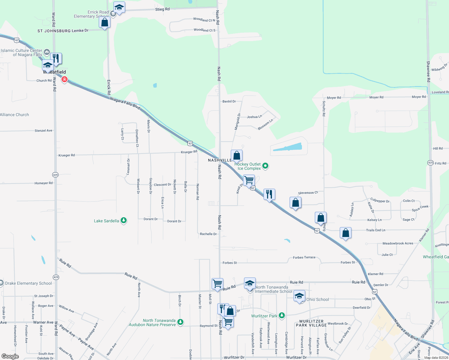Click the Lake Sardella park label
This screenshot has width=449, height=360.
click(106, 221)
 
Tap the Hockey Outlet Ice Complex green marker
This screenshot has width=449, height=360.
click(265, 166)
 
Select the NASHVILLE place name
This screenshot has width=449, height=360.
click(220, 160)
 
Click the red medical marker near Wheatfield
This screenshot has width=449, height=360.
click(64, 79)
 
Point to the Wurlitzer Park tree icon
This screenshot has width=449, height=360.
click(282, 315)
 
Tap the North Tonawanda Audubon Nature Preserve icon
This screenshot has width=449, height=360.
click(180, 322)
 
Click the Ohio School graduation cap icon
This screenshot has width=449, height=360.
click(299, 296)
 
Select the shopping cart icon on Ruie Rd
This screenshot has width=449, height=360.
click(217, 283)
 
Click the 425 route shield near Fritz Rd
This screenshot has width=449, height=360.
click(430, 163)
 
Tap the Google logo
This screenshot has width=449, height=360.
click(10, 356)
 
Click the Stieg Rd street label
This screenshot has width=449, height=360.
click(162, 9)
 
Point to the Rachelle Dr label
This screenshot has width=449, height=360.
click(208, 234)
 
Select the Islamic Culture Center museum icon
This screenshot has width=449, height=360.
click(47, 52)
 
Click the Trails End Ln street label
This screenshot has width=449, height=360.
click(375, 230)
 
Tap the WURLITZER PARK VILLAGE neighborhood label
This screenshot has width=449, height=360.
click(311, 323)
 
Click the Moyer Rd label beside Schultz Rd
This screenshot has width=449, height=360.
click(334, 98)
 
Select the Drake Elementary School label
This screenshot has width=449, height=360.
click(29, 283)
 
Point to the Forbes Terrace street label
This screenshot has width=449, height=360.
click(304, 257)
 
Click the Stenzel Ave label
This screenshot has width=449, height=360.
click(43, 130)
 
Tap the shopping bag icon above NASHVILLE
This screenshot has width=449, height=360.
click(237, 155)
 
